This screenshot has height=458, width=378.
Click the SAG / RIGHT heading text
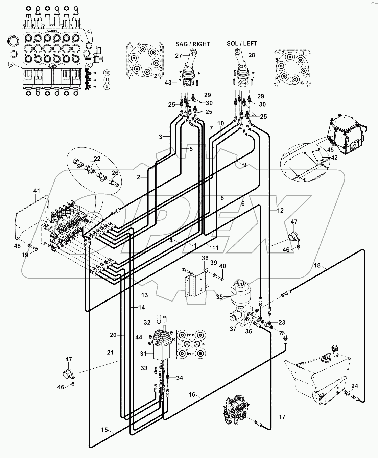[x=192, y=44]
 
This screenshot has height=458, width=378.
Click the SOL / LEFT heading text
[x=242, y=43]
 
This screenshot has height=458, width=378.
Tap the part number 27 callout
[x=179, y=56]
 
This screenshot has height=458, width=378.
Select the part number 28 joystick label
[x=252, y=55]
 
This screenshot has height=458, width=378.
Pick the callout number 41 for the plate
[x=37, y=191]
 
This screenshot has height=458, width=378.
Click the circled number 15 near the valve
[x=107, y=72]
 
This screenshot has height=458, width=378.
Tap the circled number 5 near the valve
[x=107, y=87]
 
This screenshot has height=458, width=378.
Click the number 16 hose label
[x=192, y=395]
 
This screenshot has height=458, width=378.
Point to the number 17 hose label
[x=282, y=417]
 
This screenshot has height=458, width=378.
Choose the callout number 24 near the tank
[x=354, y=386]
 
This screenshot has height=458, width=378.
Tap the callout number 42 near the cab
[x=334, y=157]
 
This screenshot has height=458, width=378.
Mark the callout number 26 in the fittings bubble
[x=115, y=173]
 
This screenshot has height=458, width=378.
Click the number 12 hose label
[x=280, y=211]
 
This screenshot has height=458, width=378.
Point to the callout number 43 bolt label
[x=168, y=82]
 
